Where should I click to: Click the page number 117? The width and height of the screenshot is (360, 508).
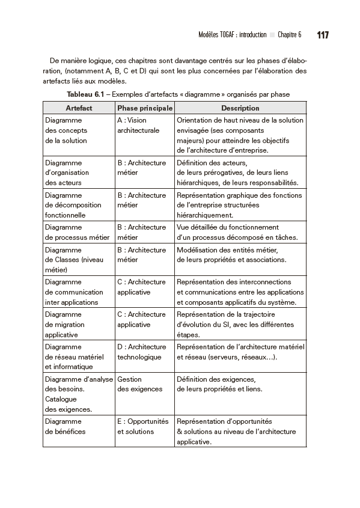coord(322,35)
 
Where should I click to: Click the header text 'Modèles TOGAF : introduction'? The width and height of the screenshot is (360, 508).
coord(232,35)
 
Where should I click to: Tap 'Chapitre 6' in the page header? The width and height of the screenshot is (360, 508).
coord(290,35)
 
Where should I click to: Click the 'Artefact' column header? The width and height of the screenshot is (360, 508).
coord(79,108)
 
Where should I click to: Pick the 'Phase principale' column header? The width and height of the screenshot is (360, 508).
coord(145,108)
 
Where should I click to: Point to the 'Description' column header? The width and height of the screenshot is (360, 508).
coord(240,108)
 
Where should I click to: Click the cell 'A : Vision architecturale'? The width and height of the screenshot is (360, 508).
coord(138,125)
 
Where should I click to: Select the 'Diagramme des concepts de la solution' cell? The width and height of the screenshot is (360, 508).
coord(66,130)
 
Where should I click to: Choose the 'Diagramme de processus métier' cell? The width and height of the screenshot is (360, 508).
coord(77,232)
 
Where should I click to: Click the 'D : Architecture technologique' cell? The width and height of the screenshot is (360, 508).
coord(141,352)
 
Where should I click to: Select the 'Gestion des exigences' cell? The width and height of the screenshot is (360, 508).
coord(139,384)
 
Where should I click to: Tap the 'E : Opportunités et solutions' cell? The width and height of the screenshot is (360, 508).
coord(142,426)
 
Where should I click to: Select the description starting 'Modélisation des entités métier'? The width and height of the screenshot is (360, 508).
coord(231,255)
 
